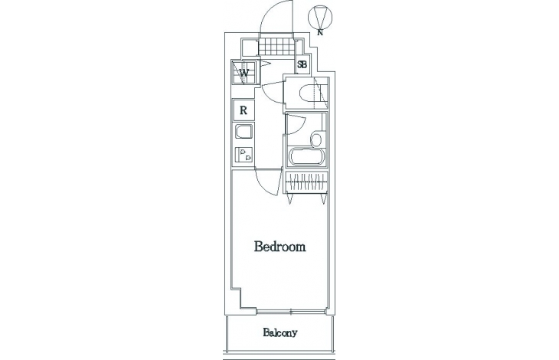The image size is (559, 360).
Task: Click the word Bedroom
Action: point(279,247)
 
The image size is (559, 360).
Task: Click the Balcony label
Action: point(279,333)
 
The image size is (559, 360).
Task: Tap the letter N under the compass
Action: point(320,33)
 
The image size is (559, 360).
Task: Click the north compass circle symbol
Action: point(319,17)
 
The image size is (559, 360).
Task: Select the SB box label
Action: point(302,65)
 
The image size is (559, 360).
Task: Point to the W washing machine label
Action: point(244,74)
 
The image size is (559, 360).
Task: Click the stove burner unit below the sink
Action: point(244,155)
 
